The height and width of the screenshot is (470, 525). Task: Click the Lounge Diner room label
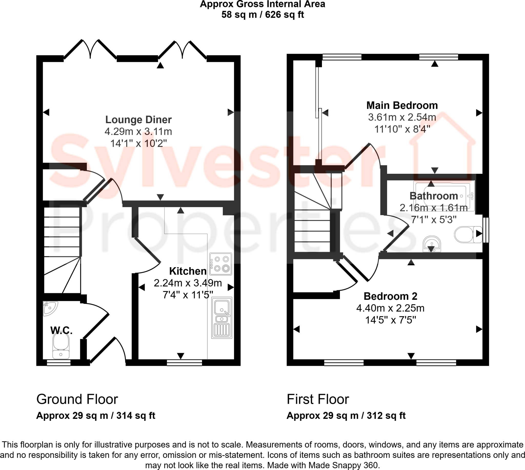pos(138,120)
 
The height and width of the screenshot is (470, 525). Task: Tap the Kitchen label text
pos(188,271)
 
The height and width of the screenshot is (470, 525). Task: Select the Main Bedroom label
pos(402,105)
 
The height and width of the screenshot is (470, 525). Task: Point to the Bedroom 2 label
pos(390,296)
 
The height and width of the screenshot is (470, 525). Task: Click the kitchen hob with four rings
pos(221,264)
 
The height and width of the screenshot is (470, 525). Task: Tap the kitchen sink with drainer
pos(222,318)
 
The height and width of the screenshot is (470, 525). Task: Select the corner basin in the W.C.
pos(49,308)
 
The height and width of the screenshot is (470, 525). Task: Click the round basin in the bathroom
pos(432,244)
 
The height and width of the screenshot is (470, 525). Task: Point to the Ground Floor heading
pos(77,399)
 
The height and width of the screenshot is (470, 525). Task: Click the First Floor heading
pos(318,399)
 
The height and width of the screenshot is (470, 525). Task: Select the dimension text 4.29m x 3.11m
pos(138,132)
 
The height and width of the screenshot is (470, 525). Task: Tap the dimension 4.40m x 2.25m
pos(390,308)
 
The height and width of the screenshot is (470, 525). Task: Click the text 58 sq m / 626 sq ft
pos(262,15)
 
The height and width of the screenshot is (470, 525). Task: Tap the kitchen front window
pos(184,362)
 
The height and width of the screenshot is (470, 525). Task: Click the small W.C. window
pos(58,362)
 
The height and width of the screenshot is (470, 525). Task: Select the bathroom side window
pos(486,230)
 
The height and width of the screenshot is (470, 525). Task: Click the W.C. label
pos(61,330)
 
